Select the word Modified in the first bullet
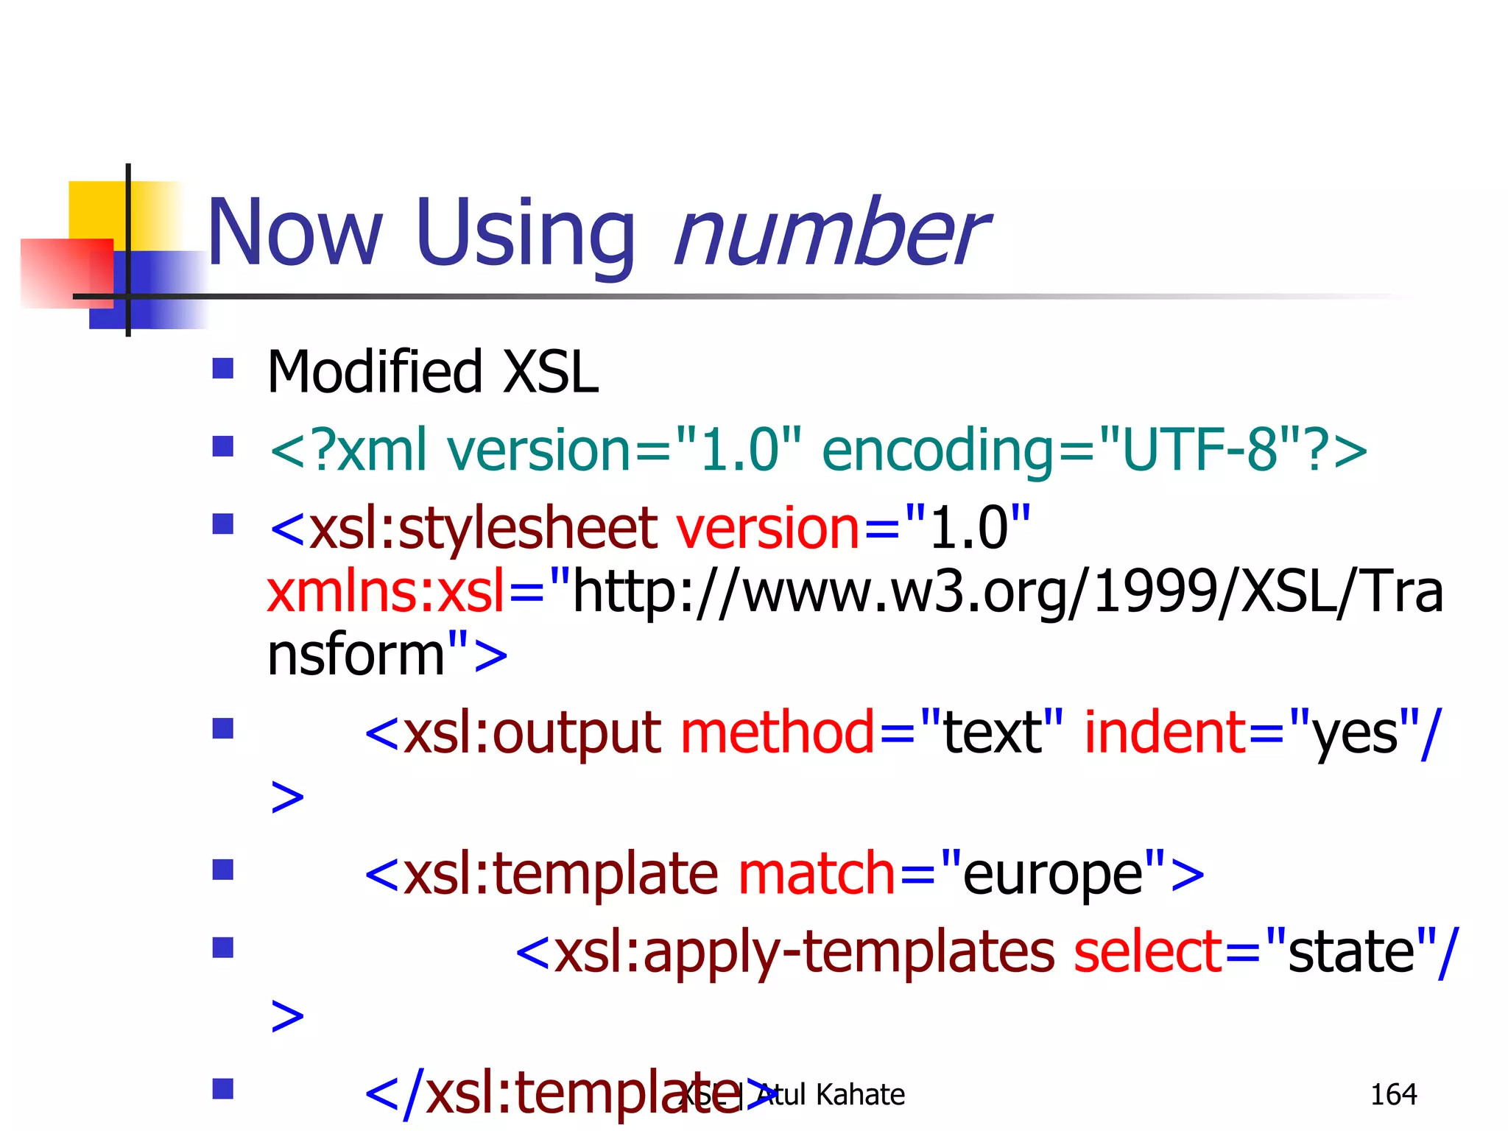coord(374,372)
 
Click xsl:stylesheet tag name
coord(483,529)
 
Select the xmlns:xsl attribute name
coord(386,592)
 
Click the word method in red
coord(778,733)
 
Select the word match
coord(816,875)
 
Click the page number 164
coord(1393,1095)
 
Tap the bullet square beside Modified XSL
coord(222,368)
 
